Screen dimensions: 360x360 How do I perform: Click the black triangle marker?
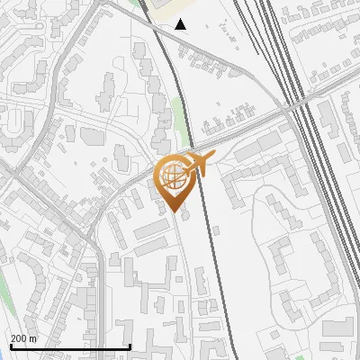pos(181,24)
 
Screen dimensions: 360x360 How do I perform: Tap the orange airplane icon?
pos(197,163)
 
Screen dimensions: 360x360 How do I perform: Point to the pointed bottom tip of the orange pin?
pos(174,212)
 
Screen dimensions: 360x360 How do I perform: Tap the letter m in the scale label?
pos(34,338)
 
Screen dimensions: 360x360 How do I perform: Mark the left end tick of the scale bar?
pos(9,346)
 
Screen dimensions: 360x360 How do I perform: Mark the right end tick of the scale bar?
pos(130,346)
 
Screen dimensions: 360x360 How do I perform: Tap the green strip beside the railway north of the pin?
pos(179,121)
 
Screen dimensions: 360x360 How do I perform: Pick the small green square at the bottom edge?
pos(299,357)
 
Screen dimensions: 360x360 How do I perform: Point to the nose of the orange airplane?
pos(213,157)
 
